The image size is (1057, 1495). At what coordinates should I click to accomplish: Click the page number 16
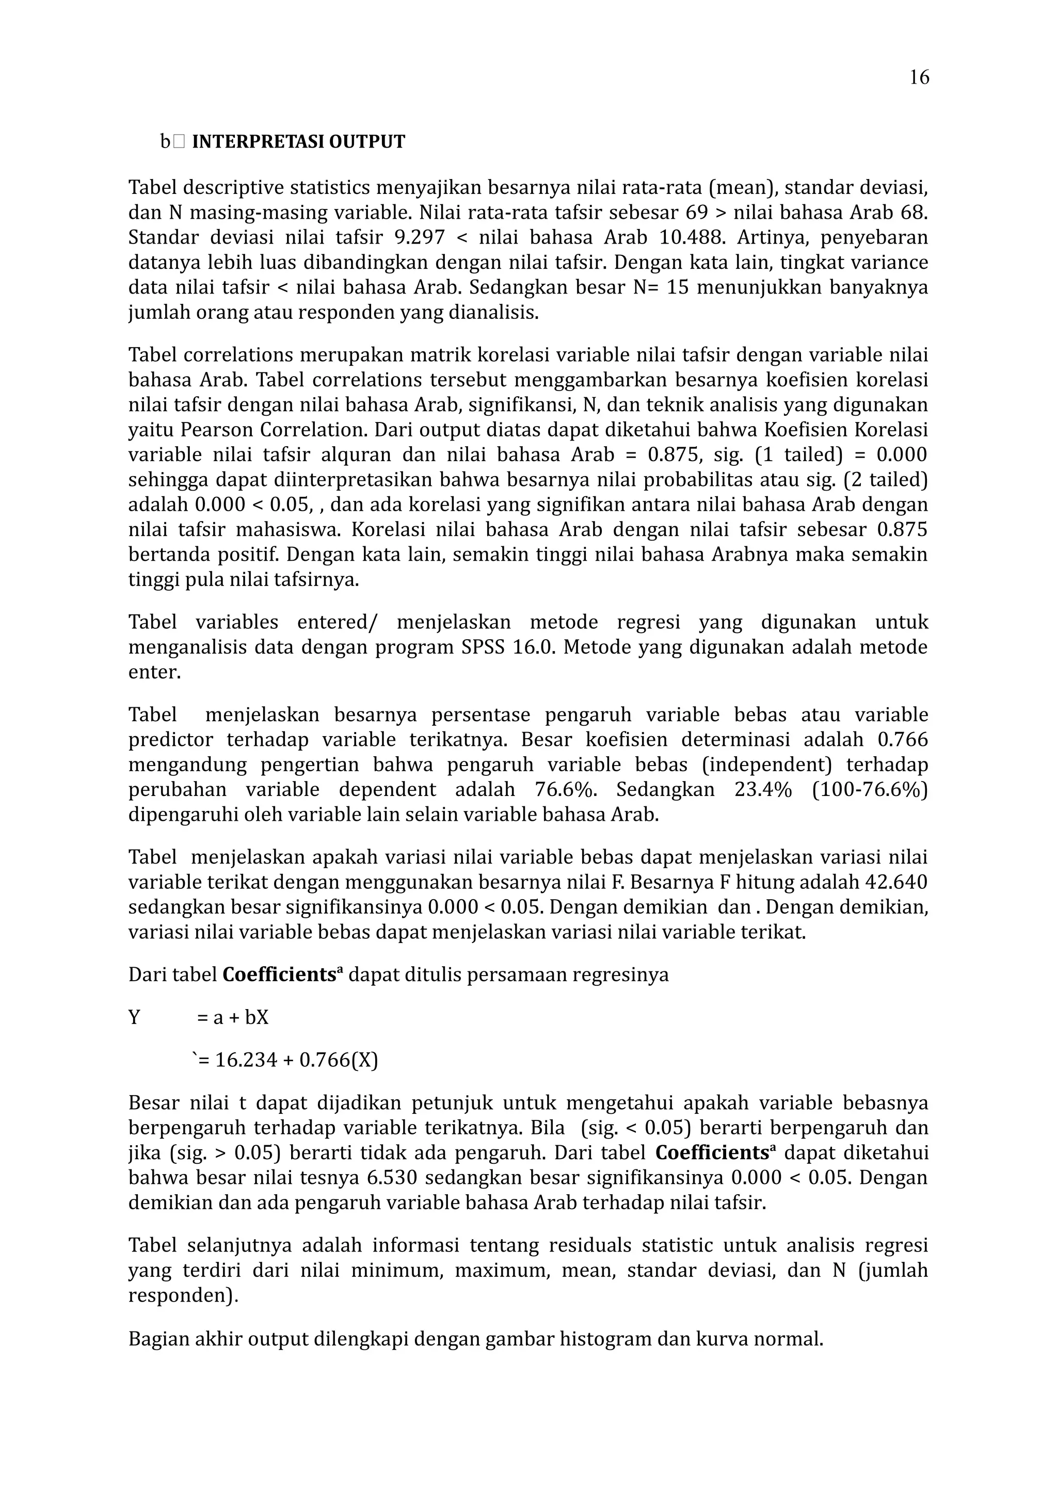[x=919, y=77]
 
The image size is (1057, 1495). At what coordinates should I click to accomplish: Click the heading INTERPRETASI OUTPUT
[x=298, y=142]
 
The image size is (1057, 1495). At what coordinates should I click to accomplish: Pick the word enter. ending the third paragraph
[x=154, y=673]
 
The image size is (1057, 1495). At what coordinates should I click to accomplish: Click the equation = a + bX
[x=232, y=1017]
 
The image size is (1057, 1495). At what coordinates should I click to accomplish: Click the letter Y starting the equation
[x=134, y=1017]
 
